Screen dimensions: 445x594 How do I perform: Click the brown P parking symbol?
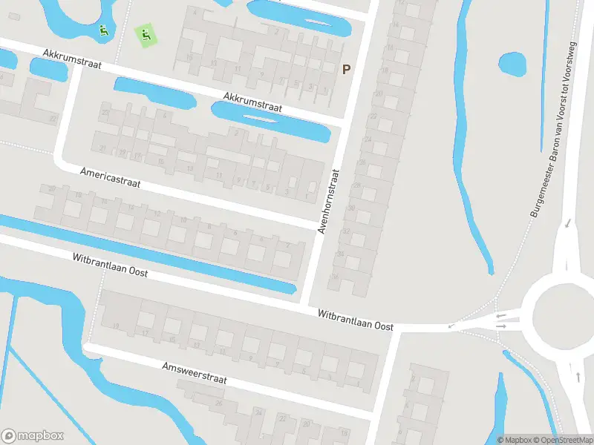[x=345, y=70]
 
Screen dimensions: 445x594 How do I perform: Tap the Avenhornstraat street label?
[x=328, y=201]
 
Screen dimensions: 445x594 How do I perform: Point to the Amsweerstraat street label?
[x=195, y=373]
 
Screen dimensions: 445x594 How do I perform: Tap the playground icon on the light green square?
[x=145, y=33]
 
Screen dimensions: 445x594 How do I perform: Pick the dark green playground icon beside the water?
[x=103, y=30]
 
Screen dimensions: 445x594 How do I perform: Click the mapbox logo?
[x=33, y=436]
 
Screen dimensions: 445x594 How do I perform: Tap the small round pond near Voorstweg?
[x=512, y=63]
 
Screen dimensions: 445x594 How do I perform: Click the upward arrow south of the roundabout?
[x=578, y=377]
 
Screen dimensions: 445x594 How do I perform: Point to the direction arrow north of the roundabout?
[x=567, y=222]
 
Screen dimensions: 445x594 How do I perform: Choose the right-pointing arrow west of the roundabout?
[x=502, y=326]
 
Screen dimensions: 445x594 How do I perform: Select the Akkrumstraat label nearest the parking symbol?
[x=253, y=102]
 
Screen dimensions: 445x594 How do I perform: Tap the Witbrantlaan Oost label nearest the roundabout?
[x=355, y=320]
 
